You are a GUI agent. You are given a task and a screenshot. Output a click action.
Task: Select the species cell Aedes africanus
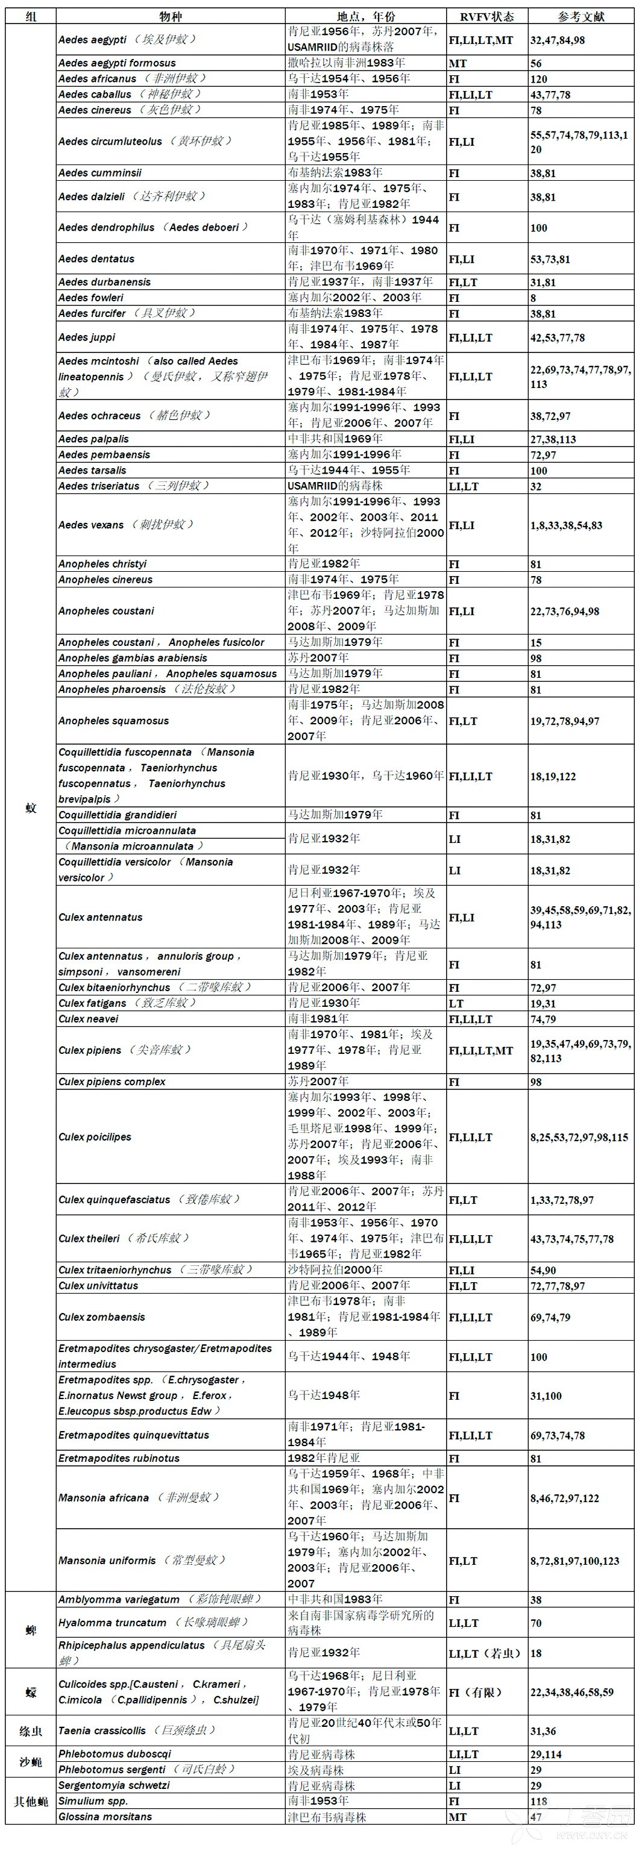pos(132,78)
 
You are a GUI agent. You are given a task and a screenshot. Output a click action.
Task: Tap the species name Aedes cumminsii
pos(100,172)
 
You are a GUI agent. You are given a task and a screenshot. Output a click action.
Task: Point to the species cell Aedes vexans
pos(126,525)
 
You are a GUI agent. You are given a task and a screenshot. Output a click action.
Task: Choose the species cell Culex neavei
pos(89,1019)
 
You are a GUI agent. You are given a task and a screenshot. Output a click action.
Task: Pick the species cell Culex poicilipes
pos(95,1137)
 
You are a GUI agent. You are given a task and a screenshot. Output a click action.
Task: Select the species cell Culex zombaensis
pos(101,1317)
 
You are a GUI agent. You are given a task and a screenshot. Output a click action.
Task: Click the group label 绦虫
pos(30,1731)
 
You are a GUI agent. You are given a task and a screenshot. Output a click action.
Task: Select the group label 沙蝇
pos(30,1762)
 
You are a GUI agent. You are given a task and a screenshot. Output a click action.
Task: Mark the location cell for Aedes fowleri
pos(355,298)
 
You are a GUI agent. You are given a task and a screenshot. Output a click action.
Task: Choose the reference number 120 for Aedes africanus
pos(538,79)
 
